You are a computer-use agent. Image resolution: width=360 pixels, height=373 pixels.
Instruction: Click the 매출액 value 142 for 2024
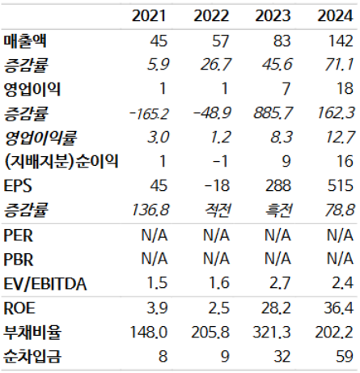(x=338, y=40)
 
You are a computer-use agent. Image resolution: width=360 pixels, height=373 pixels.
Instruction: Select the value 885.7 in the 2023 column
(x=272, y=112)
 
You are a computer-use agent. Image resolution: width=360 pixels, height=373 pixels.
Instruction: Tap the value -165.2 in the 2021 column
(x=149, y=112)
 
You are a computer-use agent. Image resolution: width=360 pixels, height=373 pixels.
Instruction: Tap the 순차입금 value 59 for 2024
(x=342, y=355)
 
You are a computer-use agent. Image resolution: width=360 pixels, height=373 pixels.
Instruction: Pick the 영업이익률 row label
(x=39, y=137)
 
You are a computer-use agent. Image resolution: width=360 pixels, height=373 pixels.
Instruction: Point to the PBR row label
(x=19, y=258)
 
